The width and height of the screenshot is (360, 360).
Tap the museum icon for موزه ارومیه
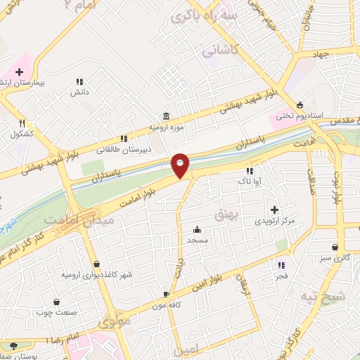coord(165,115)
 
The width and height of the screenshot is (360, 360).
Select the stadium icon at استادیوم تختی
coord(300,104)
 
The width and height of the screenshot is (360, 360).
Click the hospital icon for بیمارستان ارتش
coord(19,72)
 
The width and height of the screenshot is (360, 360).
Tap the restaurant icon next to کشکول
coord(22,122)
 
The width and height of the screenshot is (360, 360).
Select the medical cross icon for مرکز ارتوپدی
coord(274,209)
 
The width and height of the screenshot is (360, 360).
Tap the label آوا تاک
coord(250,181)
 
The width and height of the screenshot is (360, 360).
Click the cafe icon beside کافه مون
coord(165,294)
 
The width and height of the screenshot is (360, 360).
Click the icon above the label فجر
coord(282,265)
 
